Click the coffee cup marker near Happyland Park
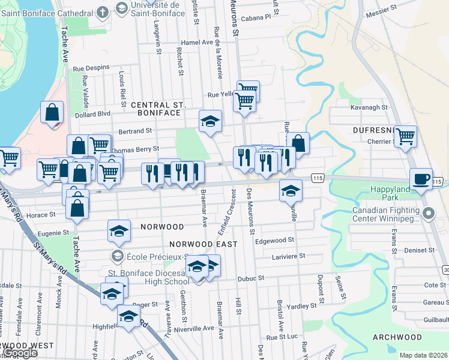[x=421, y=178]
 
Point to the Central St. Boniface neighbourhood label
[x=156, y=109]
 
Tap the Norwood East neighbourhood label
[x=203, y=244]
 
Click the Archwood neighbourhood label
[x=397, y=337]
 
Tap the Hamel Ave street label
[x=198, y=43]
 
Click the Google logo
[x=20, y=353]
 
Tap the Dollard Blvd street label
[x=92, y=113]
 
